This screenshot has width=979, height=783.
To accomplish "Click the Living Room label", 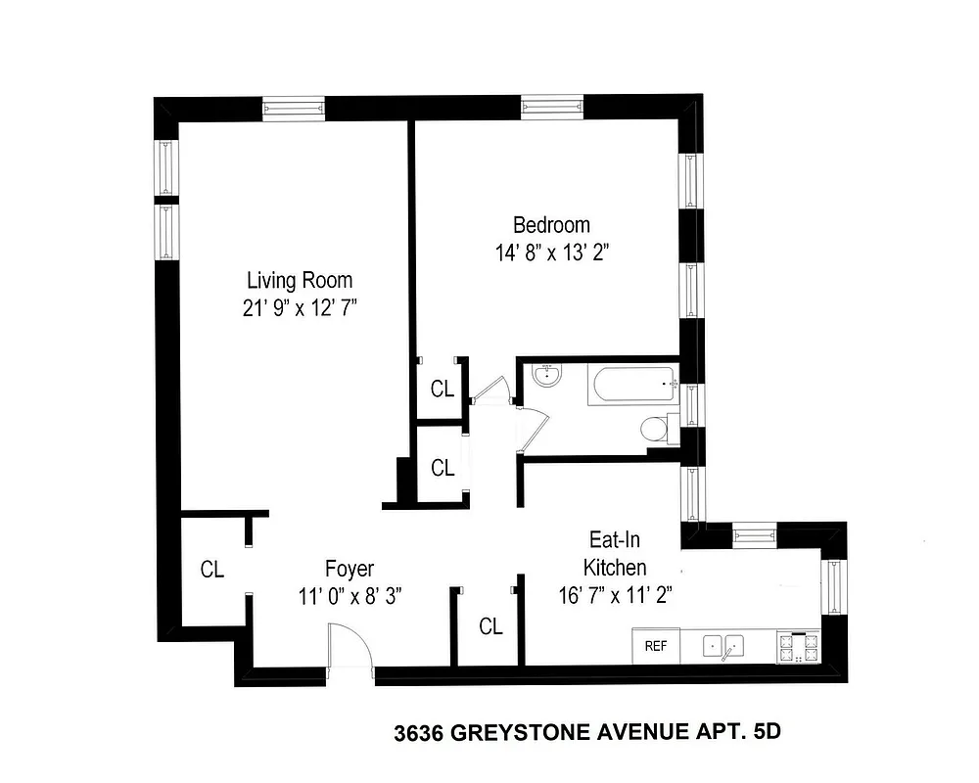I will pyautogui.click(x=299, y=279).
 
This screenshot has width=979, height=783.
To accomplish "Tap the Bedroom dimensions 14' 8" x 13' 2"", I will pyautogui.click(x=559, y=252).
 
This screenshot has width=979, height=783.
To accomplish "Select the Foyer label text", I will pyautogui.click(x=350, y=569).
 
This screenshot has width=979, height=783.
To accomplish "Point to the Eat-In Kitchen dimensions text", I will pyautogui.click(x=614, y=593).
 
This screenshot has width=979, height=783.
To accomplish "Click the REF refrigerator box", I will pyautogui.click(x=655, y=646).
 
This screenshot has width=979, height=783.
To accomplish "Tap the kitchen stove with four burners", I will pyautogui.click(x=797, y=646).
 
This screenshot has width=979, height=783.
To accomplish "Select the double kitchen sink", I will pyautogui.click(x=723, y=646).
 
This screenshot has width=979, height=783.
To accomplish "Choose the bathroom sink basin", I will pyautogui.click(x=544, y=377).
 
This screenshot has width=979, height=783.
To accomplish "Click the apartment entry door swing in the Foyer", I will pyautogui.click(x=350, y=649).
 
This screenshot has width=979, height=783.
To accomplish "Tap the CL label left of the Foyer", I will pyautogui.click(x=212, y=569).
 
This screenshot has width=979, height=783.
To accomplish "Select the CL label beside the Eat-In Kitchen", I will pyautogui.click(x=490, y=627).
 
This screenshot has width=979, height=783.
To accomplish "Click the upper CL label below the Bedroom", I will pyautogui.click(x=443, y=389).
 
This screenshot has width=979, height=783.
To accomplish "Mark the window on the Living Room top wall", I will pyautogui.click(x=293, y=107).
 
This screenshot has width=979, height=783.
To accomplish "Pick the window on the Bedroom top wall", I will pyautogui.click(x=552, y=107).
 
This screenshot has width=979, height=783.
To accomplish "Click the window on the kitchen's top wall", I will pyautogui.click(x=754, y=534).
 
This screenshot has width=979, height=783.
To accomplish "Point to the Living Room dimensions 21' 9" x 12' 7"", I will pyautogui.click(x=299, y=308).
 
